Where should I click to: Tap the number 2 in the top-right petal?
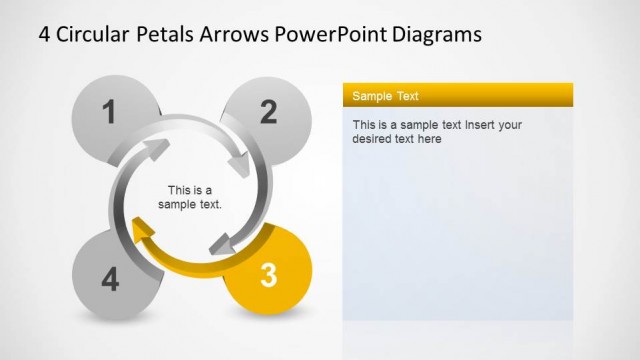pyautogui.click(x=268, y=112)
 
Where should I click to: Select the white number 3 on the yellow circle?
pyautogui.click(x=267, y=275)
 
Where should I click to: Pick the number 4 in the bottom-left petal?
pyautogui.click(x=109, y=280)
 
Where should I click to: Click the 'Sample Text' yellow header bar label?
pyautogui.click(x=385, y=96)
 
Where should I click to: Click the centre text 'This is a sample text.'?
pyautogui.click(x=190, y=197)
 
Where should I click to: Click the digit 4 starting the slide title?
pyautogui.click(x=45, y=34)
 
